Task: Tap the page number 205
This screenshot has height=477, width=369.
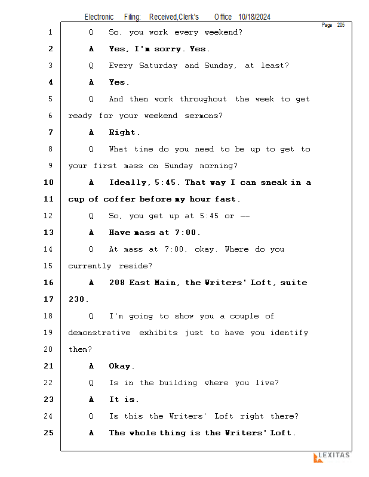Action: point(340,25)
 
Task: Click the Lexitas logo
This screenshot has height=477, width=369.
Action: point(331,457)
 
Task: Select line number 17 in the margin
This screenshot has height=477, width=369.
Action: point(49,299)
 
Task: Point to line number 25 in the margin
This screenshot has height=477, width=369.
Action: point(49,433)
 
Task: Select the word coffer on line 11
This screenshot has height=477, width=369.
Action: point(119,199)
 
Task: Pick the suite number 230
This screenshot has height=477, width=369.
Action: point(77,299)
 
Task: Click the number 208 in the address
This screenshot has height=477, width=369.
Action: point(117,283)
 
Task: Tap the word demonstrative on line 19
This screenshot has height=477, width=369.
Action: point(99,333)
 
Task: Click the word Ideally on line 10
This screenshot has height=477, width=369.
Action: point(128,182)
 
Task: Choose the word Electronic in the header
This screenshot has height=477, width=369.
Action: point(99,17)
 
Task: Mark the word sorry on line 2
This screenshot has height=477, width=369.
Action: point(167,49)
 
